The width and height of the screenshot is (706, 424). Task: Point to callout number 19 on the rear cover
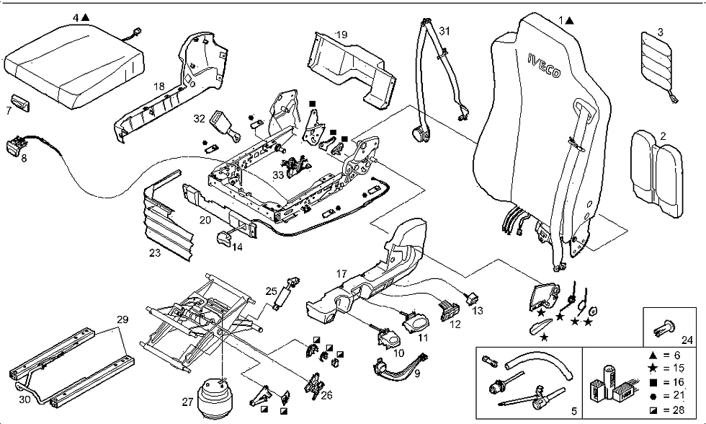click(x=341, y=34)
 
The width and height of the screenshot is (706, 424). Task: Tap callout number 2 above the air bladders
click(x=662, y=135)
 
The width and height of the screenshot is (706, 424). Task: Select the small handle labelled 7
click(x=21, y=103)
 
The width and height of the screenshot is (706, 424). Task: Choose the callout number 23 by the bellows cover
click(x=155, y=253)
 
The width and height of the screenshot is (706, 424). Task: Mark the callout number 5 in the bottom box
click(x=573, y=412)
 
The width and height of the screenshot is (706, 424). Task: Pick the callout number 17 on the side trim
click(x=342, y=273)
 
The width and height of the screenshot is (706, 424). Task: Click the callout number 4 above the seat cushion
click(x=76, y=16)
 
